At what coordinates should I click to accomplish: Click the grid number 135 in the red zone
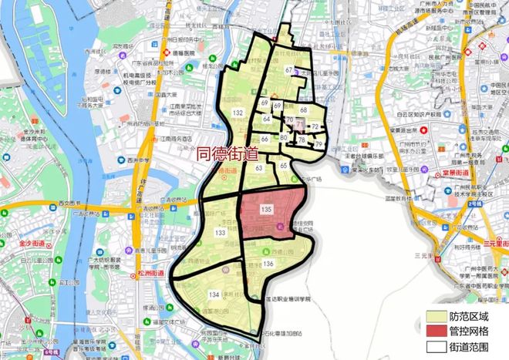pyautogui.click(x=267, y=210)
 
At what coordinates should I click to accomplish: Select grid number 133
pyautogui.click(x=220, y=232)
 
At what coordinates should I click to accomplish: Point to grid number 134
pyautogui.click(x=214, y=294)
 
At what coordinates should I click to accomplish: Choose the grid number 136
pyautogui.click(x=268, y=264)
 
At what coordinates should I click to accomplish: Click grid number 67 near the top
pyautogui.click(x=288, y=71)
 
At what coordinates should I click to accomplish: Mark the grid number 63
pyautogui.click(x=259, y=167)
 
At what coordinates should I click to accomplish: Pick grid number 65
pyautogui.click(x=284, y=165)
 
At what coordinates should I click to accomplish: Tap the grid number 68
pyautogui.click(x=303, y=110)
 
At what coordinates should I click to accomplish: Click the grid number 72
pyautogui.click(x=315, y=125)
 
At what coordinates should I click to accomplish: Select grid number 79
pyautogui.click(x=318, y=144)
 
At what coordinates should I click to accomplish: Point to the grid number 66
pyautogui.click(x=265, y=139)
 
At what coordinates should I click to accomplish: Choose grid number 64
pyautogui.click(x=266, y=119)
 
